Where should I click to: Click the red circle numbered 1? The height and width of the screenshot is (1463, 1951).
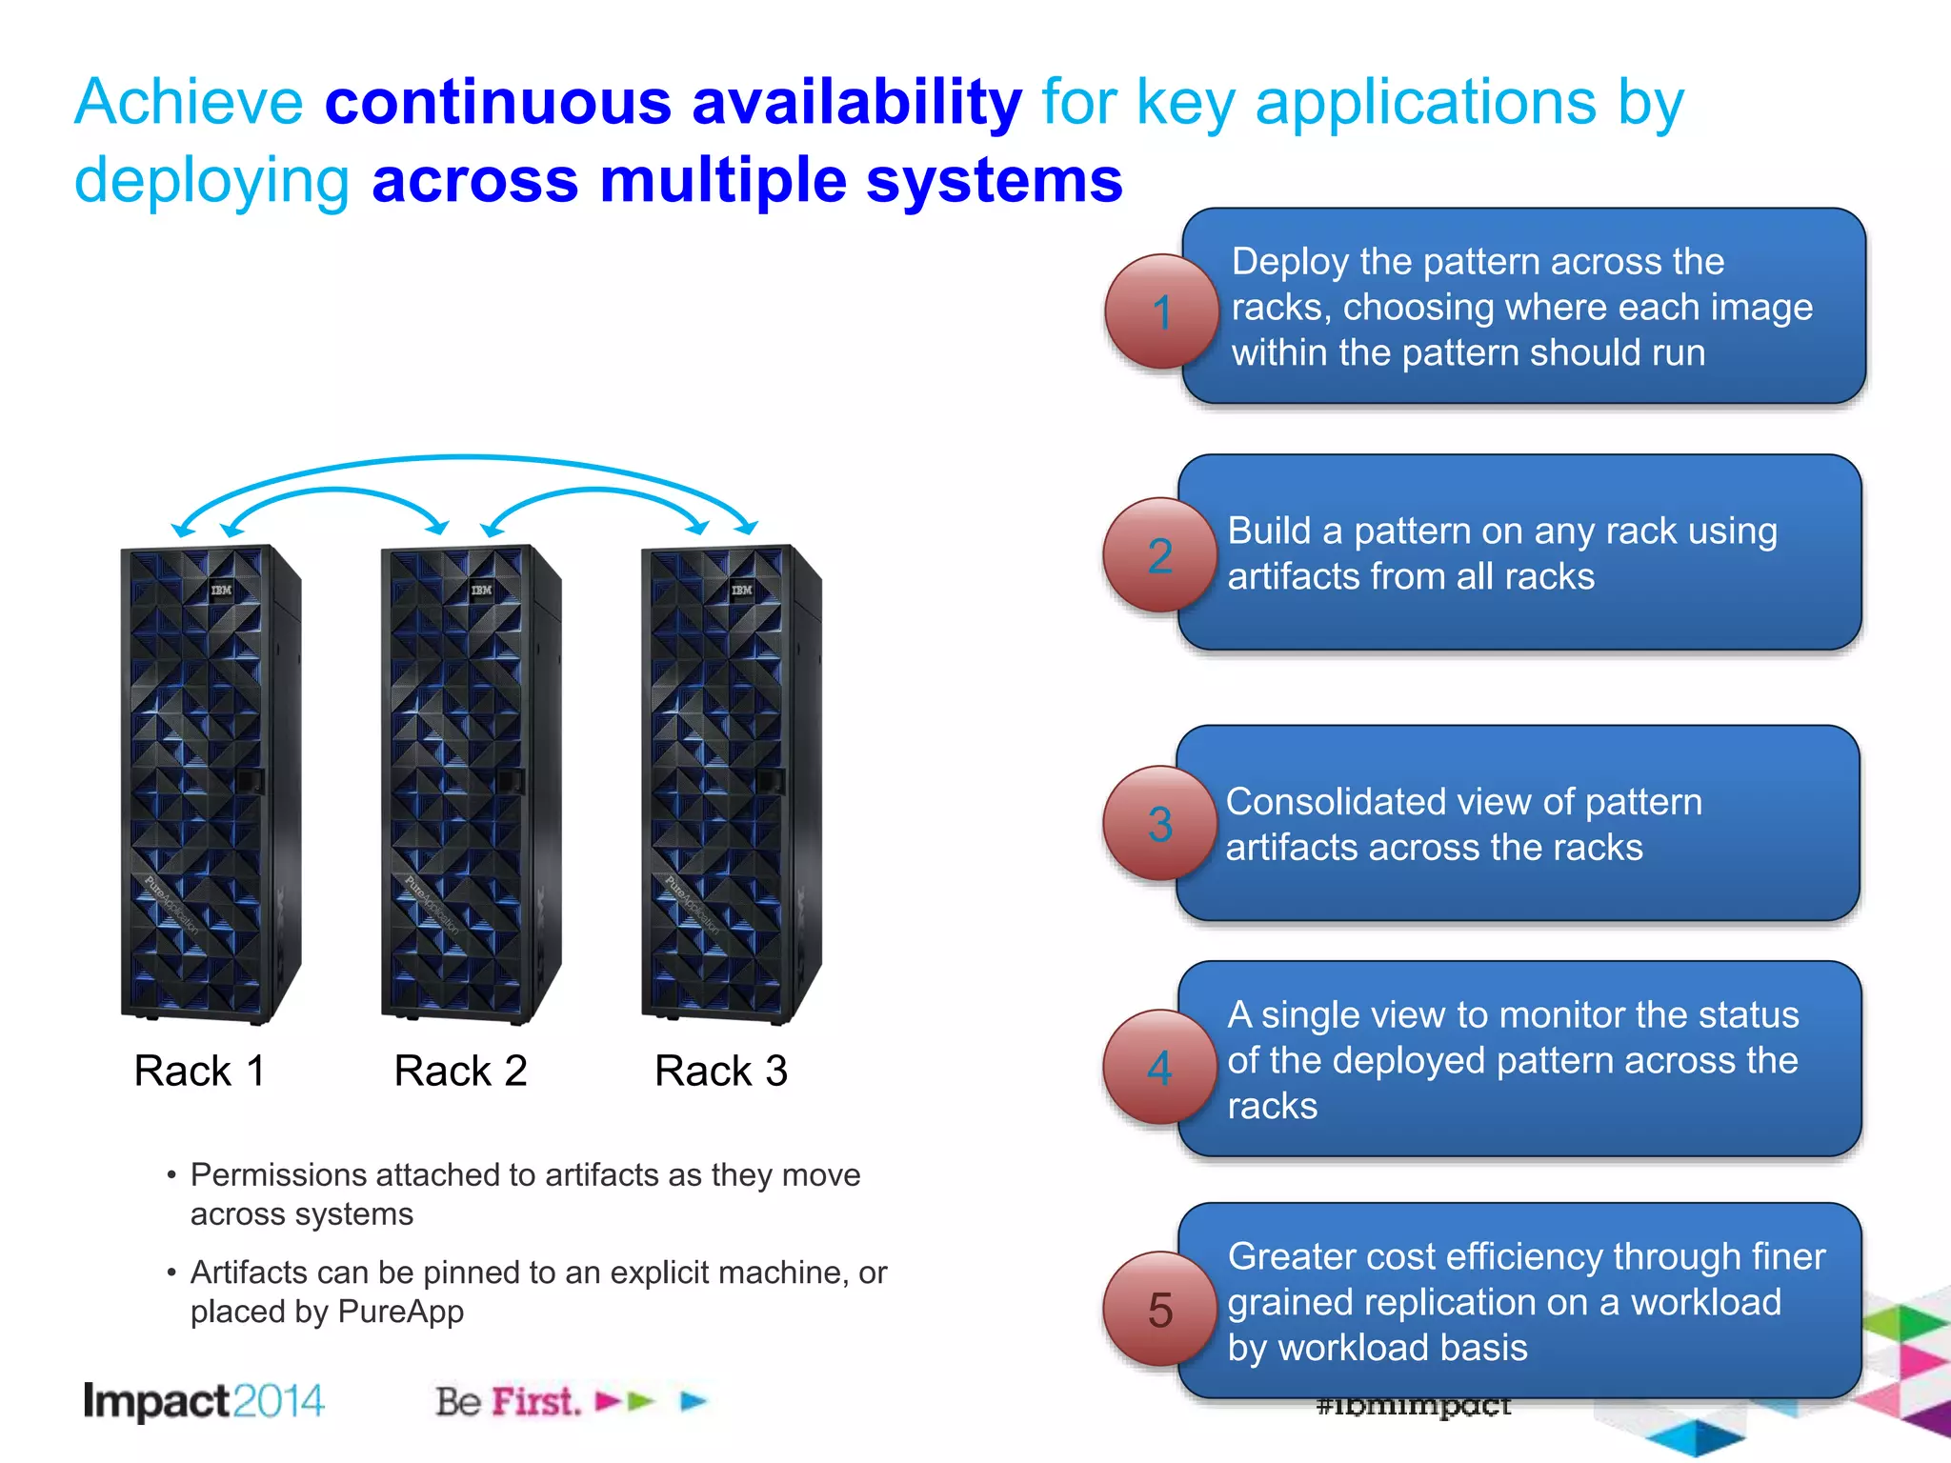coord(1161,311)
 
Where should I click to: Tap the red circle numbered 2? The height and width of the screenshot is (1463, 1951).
coord(1159,555)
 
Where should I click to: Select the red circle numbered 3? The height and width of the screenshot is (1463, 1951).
coord(1159,824)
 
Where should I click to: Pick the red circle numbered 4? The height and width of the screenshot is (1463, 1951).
coord(1159,1067)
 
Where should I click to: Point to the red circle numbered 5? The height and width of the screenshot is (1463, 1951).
coord(1159,1310)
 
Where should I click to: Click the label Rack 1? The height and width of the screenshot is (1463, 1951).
coord(199,1071)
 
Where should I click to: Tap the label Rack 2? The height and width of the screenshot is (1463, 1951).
coord(460,1071)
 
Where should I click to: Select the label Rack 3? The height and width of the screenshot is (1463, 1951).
coord(721,1071)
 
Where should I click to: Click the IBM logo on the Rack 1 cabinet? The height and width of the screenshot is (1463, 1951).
coord(221,591)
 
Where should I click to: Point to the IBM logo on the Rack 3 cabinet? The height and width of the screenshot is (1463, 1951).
coord(741,591)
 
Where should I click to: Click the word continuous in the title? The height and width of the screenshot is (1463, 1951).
coord(498,102)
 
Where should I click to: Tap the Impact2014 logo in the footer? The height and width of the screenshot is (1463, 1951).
coord(204,1401)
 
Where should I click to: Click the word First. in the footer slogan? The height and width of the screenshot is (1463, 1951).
coord(535,1402)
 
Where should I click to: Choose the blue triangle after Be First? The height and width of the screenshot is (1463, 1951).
coord(694,1401)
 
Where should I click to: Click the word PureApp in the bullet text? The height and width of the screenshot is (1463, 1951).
coord(400,1312)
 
